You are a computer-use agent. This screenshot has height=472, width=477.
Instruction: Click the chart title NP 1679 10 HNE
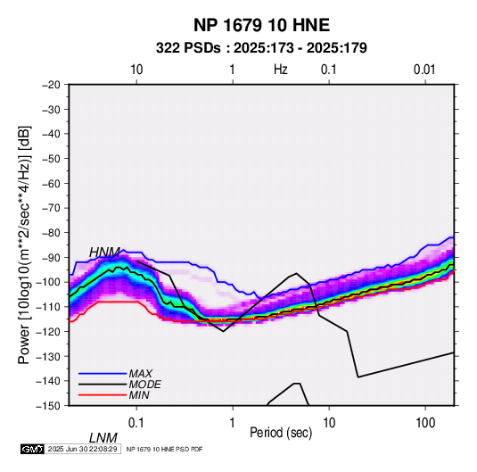pyautogui.click(x=261, y=25)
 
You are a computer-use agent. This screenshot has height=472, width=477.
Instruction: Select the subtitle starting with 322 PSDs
pyautogui.click(x=261, y=48)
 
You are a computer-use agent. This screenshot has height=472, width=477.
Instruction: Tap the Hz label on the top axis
pyautogui.click(x=281, y=70)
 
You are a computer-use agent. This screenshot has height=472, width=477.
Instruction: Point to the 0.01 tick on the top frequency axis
pyautogui.click(x=424, y=70)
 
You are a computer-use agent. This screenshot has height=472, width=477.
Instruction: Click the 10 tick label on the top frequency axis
pyautogui.click(x=136, y=70)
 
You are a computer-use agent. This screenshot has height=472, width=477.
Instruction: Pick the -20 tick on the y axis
pyautogui.click(x=51, y=85)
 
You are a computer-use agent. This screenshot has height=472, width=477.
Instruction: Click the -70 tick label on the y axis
pyautogui.click(x=51, y=208)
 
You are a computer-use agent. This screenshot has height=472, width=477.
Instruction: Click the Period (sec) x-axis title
pyautogui.click(x=281, y=433)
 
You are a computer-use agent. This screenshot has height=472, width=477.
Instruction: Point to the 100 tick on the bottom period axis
pyautogui.click(x=425, y=423)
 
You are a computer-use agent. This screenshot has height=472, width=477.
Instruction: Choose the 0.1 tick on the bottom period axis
pyautogui.click(x=136, y=423)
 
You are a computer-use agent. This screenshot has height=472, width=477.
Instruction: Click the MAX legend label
pyautogui.click(x=141, y=374)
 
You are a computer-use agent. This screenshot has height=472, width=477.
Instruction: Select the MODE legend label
pyautogui.click(x=144, y=385)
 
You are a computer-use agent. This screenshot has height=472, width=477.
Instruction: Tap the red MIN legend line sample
pyautogui.click(x=103, y=395)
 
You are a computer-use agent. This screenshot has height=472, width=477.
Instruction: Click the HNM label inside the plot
pyautogui.click(x=104, y=253)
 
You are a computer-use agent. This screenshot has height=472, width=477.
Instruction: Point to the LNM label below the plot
pyautogui.click(x=103, y=438)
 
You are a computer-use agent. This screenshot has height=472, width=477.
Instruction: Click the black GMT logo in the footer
pyautogui.click(x=33, y=449)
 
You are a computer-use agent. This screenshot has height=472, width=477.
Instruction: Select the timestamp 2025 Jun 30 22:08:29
pyautogui.click(x=83, y=449)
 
